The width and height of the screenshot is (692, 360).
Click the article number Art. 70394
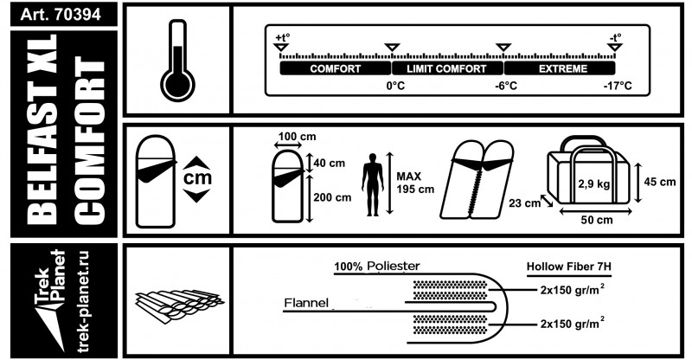pyautogui.click(x=61, y=14)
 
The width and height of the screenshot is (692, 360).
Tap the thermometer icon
pyautogui.click(x=177, y=61)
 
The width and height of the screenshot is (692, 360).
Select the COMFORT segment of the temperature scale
pyautogui.click(x=336, y=68)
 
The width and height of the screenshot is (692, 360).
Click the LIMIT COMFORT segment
pyautogui.click(x=447, y=68)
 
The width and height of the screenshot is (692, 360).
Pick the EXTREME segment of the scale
pyautogui.click(x=560, y=68)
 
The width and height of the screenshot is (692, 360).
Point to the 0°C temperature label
pyautogui.click(x=395, y=86)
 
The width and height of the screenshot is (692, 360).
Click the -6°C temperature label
pyautogui.click(x=506, y=86)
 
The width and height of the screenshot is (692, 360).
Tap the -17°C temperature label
pyautogui.click(x=618, y=86)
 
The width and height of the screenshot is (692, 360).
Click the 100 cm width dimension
pyautogui.click(x=298, y=137)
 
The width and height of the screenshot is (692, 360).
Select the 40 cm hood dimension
pyautogui.click(x=330, y=163)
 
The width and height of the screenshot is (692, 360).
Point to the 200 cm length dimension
pyautogui.click(x=332, y=197)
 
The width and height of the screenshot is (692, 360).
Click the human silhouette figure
pyautogui.click(x=373, y=184)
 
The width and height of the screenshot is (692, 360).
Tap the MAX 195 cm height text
pyautogui.click(x=415, y=183)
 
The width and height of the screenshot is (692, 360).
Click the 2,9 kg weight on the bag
pyautogui.click(x=594, y=183)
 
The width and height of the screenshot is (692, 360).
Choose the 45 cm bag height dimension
pyautogui.click(x=660, y=182)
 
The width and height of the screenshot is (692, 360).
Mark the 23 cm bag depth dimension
pyautogui.click(x=524, y=203)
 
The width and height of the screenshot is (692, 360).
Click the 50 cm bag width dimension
pyautogui.click(x=597, y=220)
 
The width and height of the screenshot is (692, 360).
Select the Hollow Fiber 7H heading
pyautogui.click(x=569, y=267)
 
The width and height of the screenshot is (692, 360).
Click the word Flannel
pyautogui.click(x=306, y=303)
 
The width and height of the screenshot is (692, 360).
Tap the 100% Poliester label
pyautogui.click(x=377, y=266)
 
